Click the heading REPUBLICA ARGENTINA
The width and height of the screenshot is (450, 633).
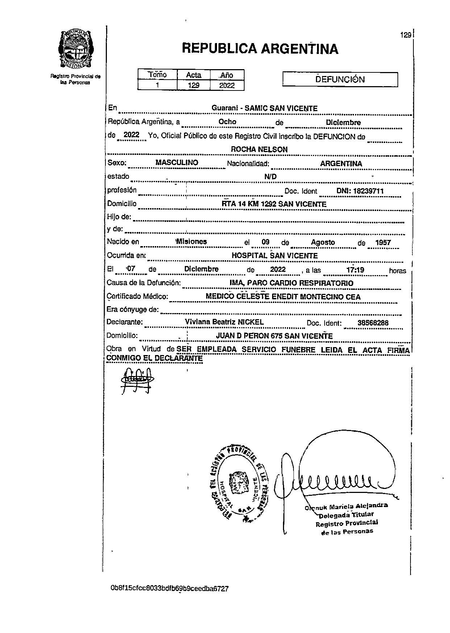click(260, 48)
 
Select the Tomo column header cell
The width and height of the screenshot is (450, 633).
click(157, 75)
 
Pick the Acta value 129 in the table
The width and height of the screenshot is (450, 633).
click(193, 85)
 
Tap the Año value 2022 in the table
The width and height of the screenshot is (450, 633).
click(227, 85)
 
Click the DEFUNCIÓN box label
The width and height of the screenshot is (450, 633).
click(340, 80)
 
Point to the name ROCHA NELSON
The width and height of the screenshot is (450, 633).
click(259, 149)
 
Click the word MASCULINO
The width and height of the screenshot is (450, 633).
click(177, 163)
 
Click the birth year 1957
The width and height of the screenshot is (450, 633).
click(383, 242)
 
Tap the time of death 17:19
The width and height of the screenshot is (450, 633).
click(355, 270)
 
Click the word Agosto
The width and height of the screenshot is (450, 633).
click(323, 242)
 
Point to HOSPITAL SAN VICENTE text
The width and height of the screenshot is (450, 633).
click(275, 256)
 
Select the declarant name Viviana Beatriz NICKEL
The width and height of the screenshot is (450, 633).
click(224, 322)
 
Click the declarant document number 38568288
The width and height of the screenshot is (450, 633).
click(373, 323)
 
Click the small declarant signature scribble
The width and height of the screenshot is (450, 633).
click(136, 380)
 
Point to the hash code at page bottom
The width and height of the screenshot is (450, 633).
click(170, 588)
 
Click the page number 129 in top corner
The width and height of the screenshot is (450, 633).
click(405, 35)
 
